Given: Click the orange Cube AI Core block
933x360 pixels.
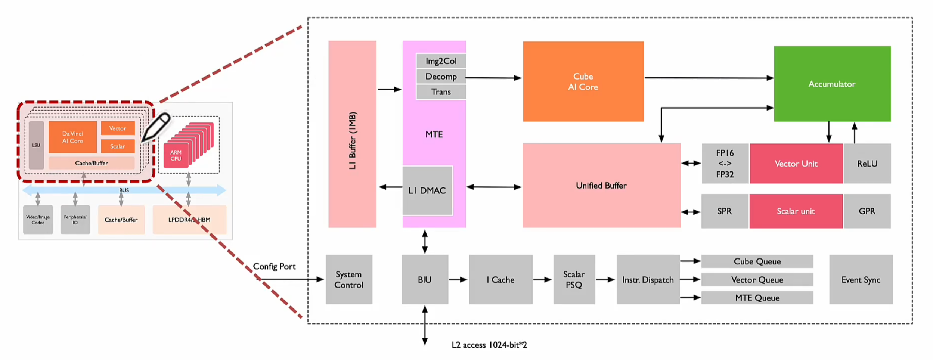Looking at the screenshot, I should click(x=583, y=81).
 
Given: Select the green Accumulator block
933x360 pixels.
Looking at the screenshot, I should click(x=832, y=84).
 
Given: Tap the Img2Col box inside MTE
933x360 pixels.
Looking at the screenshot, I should click(x=441, y=61).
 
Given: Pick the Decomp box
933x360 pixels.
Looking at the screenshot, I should click(x=441, y=77).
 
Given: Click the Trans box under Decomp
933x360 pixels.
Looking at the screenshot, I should click(x=441, y=92).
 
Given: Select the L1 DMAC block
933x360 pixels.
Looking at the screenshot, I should click(x=427, y=190).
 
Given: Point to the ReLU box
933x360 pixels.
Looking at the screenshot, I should click(x=867, y=164).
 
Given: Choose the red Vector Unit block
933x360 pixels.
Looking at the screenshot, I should click(x=796, y=164).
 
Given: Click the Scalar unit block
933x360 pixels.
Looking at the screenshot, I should click(x=796, y=211).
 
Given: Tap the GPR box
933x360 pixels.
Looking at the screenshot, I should click(x=867, y=211).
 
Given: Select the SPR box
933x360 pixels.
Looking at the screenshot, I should click(x=724, y=211).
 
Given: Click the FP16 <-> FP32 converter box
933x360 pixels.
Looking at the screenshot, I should click(x=725, y=164).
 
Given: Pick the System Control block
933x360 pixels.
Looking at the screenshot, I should click(x=348, y=279).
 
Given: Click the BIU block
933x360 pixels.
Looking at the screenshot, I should click(x=424, y=279).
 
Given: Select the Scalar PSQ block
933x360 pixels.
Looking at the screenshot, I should click(x=574, y=279).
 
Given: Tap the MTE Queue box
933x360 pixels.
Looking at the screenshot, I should click(x=757, y=298).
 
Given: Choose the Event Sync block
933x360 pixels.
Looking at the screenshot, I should click(x=861, y=279).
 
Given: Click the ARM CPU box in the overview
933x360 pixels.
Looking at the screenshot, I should click(x=176, y=156).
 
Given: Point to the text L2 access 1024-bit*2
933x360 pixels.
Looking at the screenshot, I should click(x=489, y=345).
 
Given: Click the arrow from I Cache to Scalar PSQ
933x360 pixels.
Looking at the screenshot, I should click(x=542, y=280).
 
